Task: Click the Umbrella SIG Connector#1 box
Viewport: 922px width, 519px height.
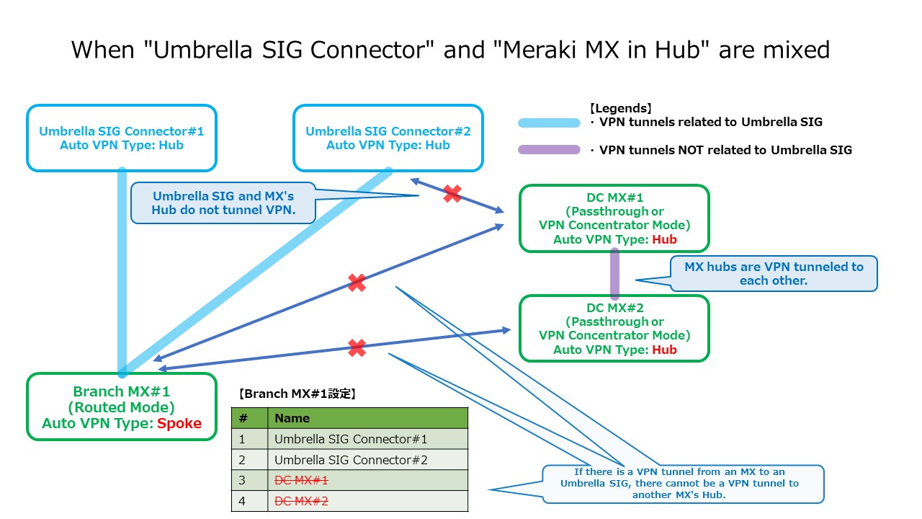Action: coord(121,138)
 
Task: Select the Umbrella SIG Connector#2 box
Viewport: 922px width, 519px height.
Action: coord(388,138)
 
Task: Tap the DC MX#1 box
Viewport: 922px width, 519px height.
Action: coord(614,218)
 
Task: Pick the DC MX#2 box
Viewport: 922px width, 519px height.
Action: coord(614,329)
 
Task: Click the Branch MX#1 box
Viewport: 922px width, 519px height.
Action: coord(121,407)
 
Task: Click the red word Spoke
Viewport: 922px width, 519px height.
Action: coord(179,423)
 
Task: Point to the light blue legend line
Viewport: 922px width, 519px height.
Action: coord(549,123)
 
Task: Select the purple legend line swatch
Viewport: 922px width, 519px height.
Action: coord(549,150)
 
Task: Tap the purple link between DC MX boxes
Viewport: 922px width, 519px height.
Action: coord(614,274)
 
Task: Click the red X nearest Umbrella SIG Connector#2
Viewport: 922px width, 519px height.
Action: coord(452,193)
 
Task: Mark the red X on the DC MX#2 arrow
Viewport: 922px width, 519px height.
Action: coord(357,348)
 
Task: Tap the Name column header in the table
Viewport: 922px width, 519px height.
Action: coord(292,418)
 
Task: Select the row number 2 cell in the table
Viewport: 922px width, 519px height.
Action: coord(243,460)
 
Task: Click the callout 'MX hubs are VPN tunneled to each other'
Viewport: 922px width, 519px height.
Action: coord(774,273)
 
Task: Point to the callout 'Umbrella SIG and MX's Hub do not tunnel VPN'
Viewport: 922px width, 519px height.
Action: coord(223,203)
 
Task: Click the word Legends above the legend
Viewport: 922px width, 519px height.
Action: coord(620,108)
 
